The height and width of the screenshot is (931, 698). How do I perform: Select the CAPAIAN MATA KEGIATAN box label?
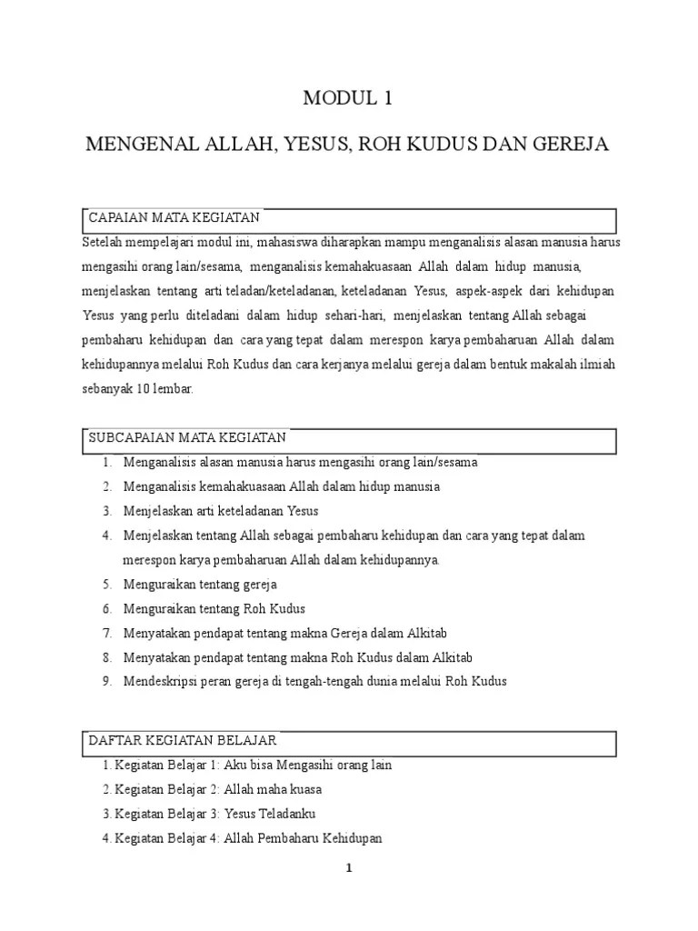[x=174, y=218]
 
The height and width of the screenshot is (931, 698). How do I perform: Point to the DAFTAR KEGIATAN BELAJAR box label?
[x=183, y=741]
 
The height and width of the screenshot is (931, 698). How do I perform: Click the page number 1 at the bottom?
[x=348, y=867]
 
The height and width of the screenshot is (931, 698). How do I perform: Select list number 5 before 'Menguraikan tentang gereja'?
[x=106, y=584]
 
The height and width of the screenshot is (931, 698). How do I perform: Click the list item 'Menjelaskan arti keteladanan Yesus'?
[x=221, y=511]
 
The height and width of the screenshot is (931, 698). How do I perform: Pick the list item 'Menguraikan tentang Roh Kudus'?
[x=214, y=608]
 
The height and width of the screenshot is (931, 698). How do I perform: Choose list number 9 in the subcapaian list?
[x=106, y=681]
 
